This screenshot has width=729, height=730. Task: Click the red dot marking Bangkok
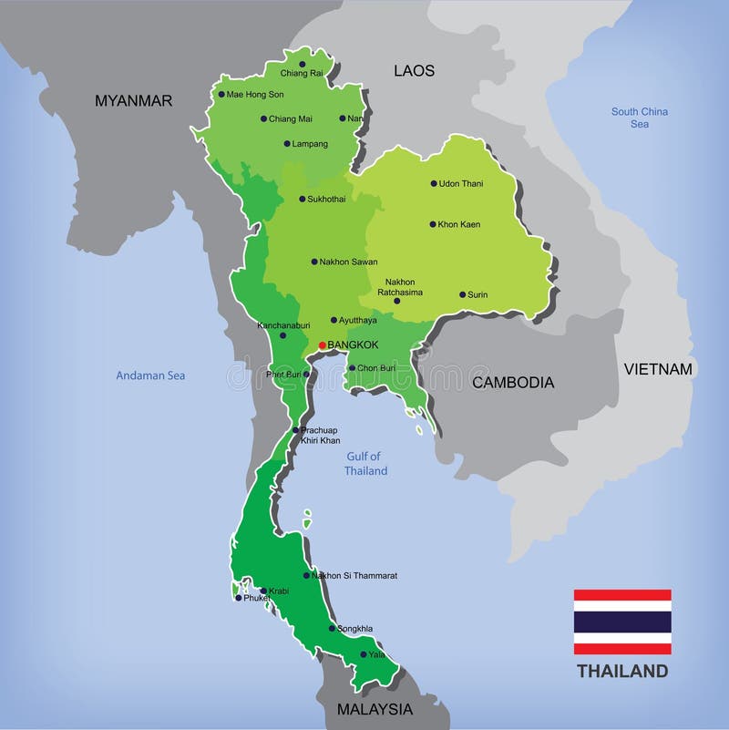coord(322,345)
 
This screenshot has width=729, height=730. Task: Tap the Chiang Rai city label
coord(302,73)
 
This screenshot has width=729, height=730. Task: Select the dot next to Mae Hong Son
coord(221,94)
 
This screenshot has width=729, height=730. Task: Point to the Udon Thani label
coord(461,183)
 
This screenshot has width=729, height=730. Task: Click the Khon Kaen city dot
coord(433,224)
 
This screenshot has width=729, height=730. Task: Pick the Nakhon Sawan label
coord(348,262)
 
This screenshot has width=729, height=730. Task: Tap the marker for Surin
coord(462,294)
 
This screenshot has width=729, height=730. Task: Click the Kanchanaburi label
coord(283,324)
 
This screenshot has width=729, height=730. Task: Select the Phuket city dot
coord(239,598)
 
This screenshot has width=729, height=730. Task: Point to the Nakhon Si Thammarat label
coord(354,576)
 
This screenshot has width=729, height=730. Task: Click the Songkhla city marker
coord(332,629)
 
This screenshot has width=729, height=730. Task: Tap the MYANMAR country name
coord(133,101)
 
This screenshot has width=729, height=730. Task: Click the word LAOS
coord(414,70)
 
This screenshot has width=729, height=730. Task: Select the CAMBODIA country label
coord(513,383)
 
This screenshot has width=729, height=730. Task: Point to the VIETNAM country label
coord(658,369)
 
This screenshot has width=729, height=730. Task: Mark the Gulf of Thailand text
coord(365,464)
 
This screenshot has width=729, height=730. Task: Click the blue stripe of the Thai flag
coord(622,622)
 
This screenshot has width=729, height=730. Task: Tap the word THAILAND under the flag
coord(622,672)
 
